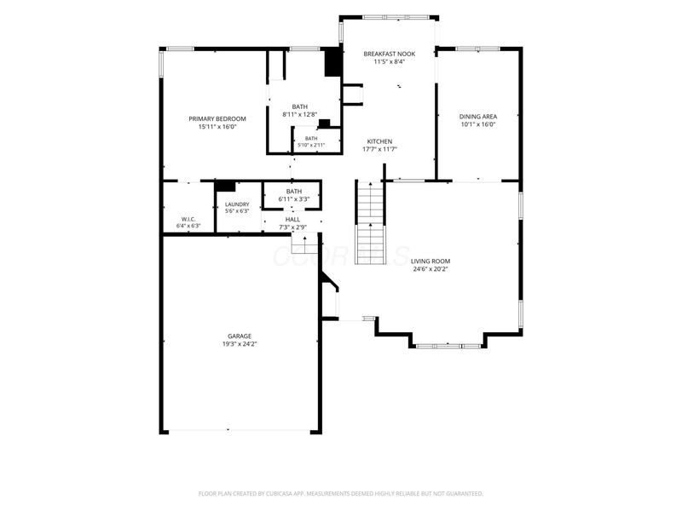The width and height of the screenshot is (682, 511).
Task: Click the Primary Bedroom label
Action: pyautogui.click(x=217, y=118)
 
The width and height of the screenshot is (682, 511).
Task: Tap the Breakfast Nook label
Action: pyautogui.click(x=390, y=54)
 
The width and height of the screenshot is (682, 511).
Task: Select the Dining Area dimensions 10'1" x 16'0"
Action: pyautogui.click(x=478, y=124)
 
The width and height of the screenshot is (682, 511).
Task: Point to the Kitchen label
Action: pyautogui.click(x=379, y=141)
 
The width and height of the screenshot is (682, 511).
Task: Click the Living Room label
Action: pyautogui.click(x=431, y=261)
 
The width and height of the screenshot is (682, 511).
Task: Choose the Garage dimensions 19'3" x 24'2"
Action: pyautogui.click(x=240, y=344)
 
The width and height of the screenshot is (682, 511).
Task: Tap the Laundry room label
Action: pyautogui.click(x=237, y=204)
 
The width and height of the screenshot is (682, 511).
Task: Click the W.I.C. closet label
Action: pyautogui.click(x=188, y=219)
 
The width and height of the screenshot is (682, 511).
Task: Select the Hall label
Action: pyautogui.click(x=292, y=220)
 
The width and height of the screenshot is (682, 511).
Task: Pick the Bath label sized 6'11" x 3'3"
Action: pyautogui.click(x=294, y=195)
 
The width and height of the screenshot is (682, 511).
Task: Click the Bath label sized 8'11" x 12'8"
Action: pyautogui.click(x=300, y=111)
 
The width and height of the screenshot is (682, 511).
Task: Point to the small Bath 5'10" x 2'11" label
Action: pyautogui.click(x=311, y=141)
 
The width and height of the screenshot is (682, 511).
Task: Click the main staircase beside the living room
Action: pyautogui.click(x=371, y=222)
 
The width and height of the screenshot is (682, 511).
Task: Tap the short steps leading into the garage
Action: pyautogui.click(x=305, y=244)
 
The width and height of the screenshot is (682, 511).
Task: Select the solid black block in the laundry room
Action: pyautogui.click(x=225, y=187)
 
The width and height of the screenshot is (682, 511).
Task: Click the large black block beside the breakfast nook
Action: pyautogui.click(x=333, y=62)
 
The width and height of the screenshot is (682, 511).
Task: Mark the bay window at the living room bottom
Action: pyautogui.click(x=448, y=346)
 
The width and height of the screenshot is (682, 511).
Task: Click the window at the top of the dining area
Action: pyautogui.click(x=478, y=49)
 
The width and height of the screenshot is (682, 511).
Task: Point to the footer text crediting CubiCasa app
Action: pyautogui.click(x=340, y=494)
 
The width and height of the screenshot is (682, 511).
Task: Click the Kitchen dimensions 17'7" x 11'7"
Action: pyautogui.click(x=379, y=149)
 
